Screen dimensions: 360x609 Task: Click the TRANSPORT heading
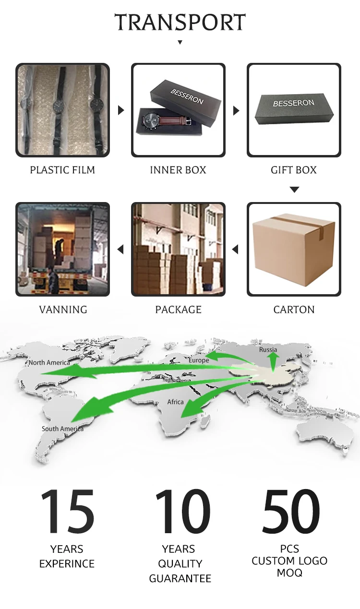pos(180,23)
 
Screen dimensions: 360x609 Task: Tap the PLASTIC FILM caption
pos(62,170)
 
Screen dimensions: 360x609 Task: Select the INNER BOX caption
pos(178,170)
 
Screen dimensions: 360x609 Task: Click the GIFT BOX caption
pos(294,170)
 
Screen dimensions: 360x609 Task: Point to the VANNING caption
pos(63,310)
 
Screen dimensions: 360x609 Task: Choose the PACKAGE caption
pos(178,310)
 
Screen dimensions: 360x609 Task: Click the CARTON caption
pos(294,310)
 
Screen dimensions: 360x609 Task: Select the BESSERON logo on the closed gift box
pos(294,103)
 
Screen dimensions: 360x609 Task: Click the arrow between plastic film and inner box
pos(121,110)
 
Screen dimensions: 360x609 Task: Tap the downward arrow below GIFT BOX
pos(294,190)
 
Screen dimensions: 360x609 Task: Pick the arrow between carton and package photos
pos(235,250)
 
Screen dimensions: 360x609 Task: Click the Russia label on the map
pos(268,349)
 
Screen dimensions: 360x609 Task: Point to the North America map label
pos(49,363)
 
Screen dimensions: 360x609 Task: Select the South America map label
pos(62,429)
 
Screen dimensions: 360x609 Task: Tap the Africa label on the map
pos(175,402)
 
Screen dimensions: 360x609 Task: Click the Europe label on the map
pos(199,360)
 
